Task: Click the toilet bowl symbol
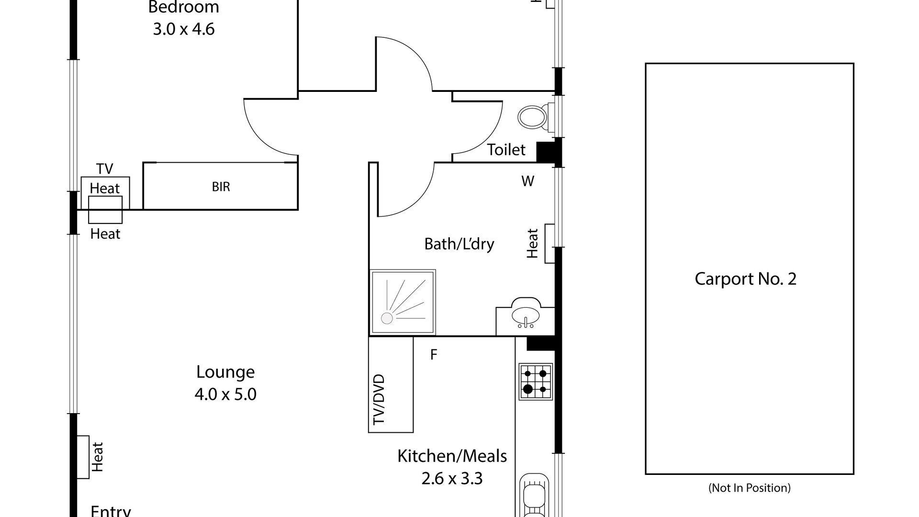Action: point(532,116)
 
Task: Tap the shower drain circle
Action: point(387,318)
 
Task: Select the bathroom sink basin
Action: point(525,315)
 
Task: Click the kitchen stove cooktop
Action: point(536,382)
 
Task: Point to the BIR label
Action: point(221,187)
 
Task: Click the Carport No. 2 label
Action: point(745,279)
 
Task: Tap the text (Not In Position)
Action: point(749,488)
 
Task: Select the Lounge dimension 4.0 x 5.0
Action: point(225,394)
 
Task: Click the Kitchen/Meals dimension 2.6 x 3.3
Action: point(452,478)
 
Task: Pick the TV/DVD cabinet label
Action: point(379,399)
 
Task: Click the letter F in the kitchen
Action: point(434,355)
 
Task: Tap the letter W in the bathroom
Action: point(527,181)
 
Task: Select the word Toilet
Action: point(506,150)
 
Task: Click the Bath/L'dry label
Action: point(459,244)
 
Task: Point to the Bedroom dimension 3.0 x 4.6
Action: point(184,29)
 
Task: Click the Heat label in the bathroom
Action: point(533,243)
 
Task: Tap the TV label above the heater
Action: point(105,169)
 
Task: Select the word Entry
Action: point(111,510)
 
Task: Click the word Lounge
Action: point(225,372)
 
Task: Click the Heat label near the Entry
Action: point(97,457)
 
